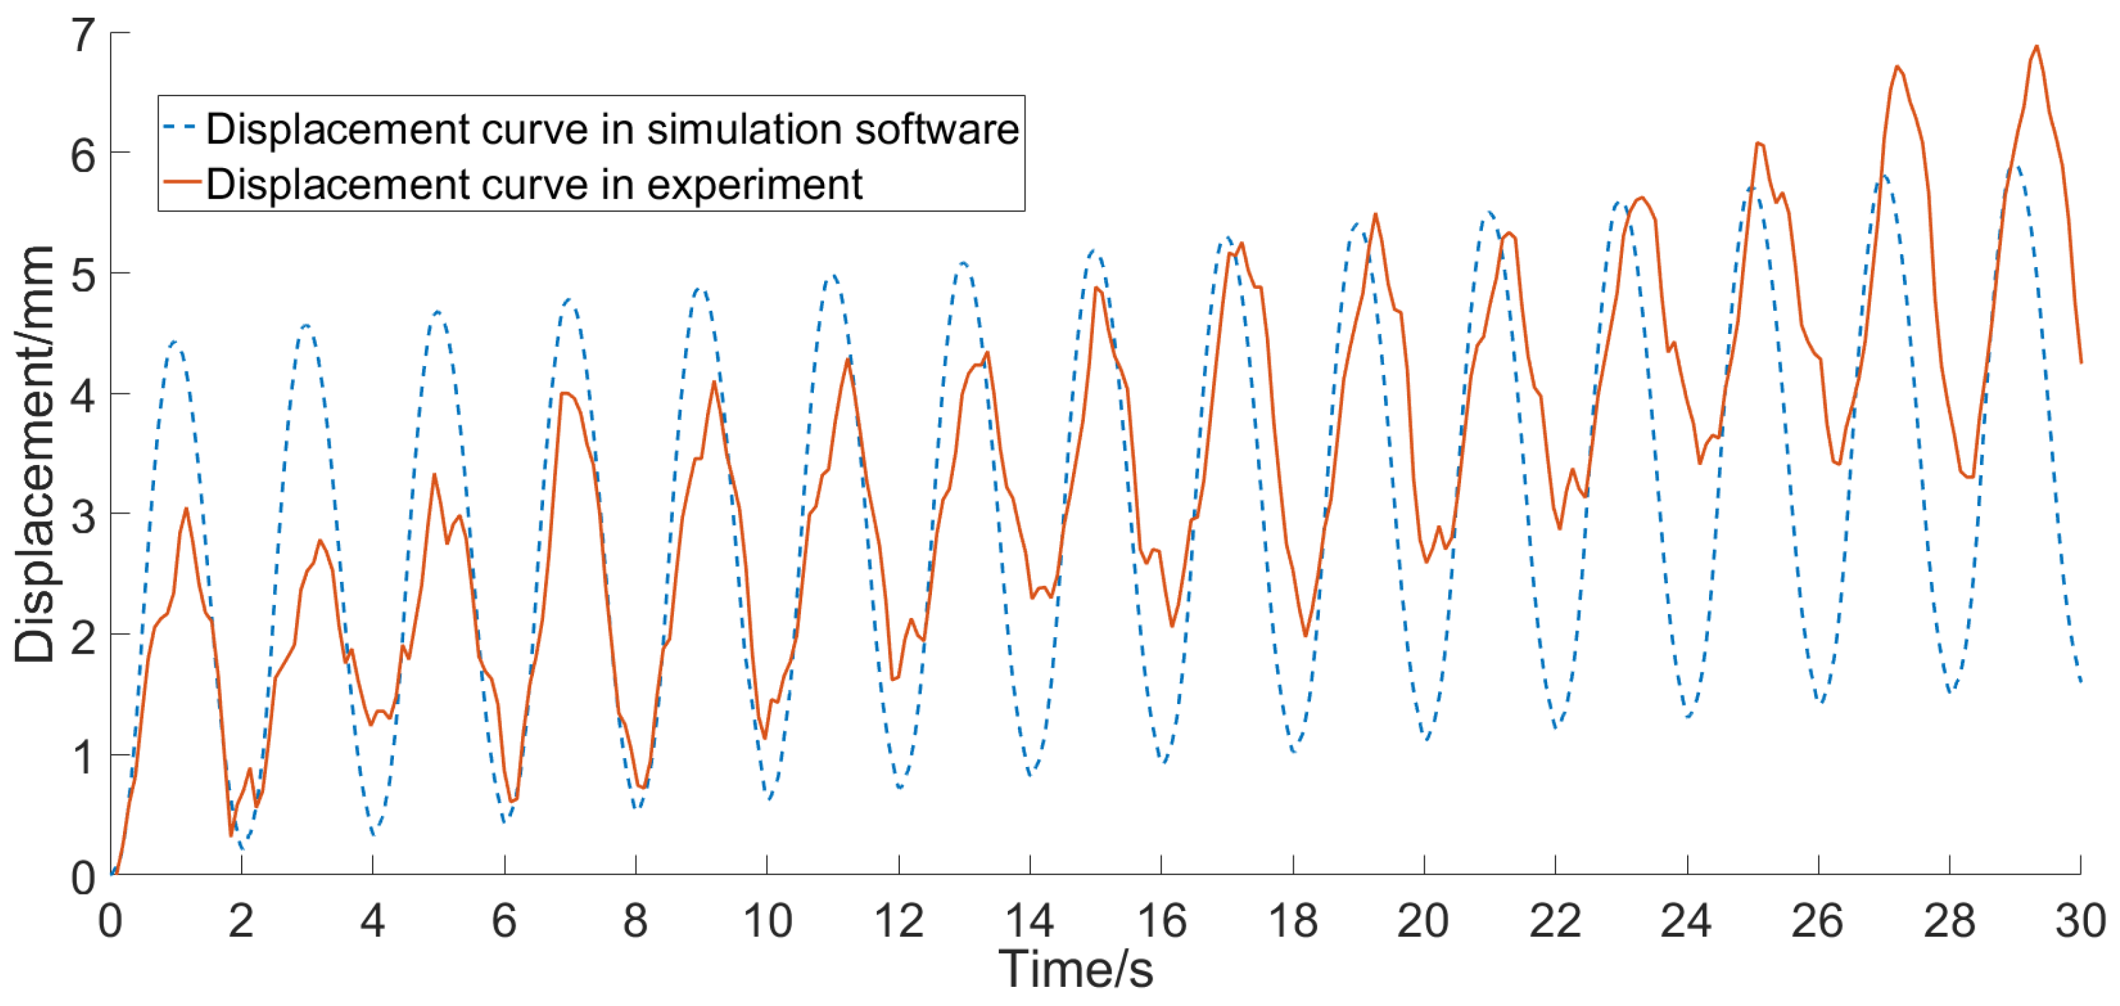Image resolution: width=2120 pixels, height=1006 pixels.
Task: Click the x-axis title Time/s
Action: [x=1075, y=970]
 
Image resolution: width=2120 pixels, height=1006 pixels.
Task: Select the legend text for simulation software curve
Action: [x=612, y=129]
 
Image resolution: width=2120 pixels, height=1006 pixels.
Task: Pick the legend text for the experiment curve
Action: [x=533, y=184]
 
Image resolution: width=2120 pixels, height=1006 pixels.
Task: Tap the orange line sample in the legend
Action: [x=181, y=182]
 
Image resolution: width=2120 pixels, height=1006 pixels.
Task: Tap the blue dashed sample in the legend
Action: [x=180, y=128]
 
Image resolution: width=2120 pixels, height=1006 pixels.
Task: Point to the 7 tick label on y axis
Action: [x=83, y=36]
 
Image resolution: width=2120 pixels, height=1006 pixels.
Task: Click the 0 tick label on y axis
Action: [x=83, y=878]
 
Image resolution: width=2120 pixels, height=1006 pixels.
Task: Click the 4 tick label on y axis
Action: [x=83, y=396]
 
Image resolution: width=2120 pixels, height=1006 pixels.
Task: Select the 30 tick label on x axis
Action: [x=2080, y=921]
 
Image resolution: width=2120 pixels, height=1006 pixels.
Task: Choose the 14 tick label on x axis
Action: [x=1030, y=921]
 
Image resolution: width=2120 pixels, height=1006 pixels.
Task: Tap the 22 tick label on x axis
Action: [x=1555, y=921]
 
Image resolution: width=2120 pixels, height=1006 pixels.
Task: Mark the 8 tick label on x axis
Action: [x=636, y=921]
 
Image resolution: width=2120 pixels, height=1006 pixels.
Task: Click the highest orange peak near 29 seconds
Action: [x=2037, y=46]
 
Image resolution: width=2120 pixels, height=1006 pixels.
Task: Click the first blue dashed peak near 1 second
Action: [x=175, y=341]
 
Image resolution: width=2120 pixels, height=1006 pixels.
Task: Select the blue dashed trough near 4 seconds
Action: [x=373, y=834]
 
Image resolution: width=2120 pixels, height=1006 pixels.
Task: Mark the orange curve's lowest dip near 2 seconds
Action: [x=231, y=835]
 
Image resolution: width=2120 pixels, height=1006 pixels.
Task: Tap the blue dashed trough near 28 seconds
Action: [x=1951, y=692]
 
